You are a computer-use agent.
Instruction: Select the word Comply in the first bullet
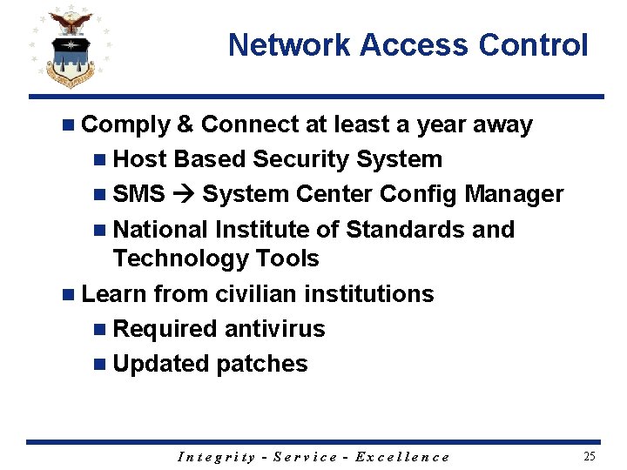click(x=125, y=125)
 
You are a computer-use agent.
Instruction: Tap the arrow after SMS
click(x=184, y=194)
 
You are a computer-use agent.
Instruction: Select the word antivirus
click(x=274, y=329)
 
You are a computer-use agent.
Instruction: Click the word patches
click(x=265, y=364)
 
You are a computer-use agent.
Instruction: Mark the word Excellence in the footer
click(x=402, y=457)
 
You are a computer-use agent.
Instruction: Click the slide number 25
click(x=590, y=456)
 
